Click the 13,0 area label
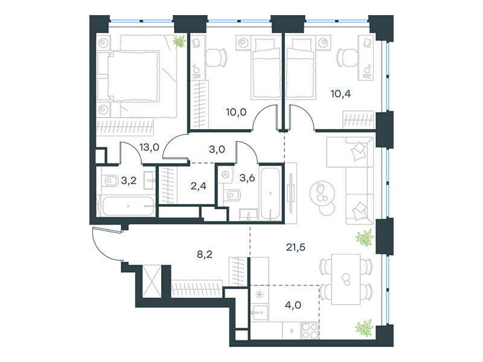click(149, 147)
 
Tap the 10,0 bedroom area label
click(236, 112)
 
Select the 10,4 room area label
click(341, 94)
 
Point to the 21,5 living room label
click(296, 247)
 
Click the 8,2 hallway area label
click(205, 254)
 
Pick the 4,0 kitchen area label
click(293, 305)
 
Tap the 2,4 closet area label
click(199, 186)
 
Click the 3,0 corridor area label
click(217, 149)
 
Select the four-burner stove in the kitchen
click(310, 331)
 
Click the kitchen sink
click(260, 313)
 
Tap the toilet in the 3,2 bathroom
click(110, 180)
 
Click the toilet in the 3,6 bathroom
click(232, 195)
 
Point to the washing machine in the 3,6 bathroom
click(226, 175)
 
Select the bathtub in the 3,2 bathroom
click(128, 206)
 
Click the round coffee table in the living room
click(322, 194)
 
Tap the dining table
click(346, 279)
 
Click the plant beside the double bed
click(179, 41)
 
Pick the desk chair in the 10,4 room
click(346, 57)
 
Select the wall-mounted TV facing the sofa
click(290, 193)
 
